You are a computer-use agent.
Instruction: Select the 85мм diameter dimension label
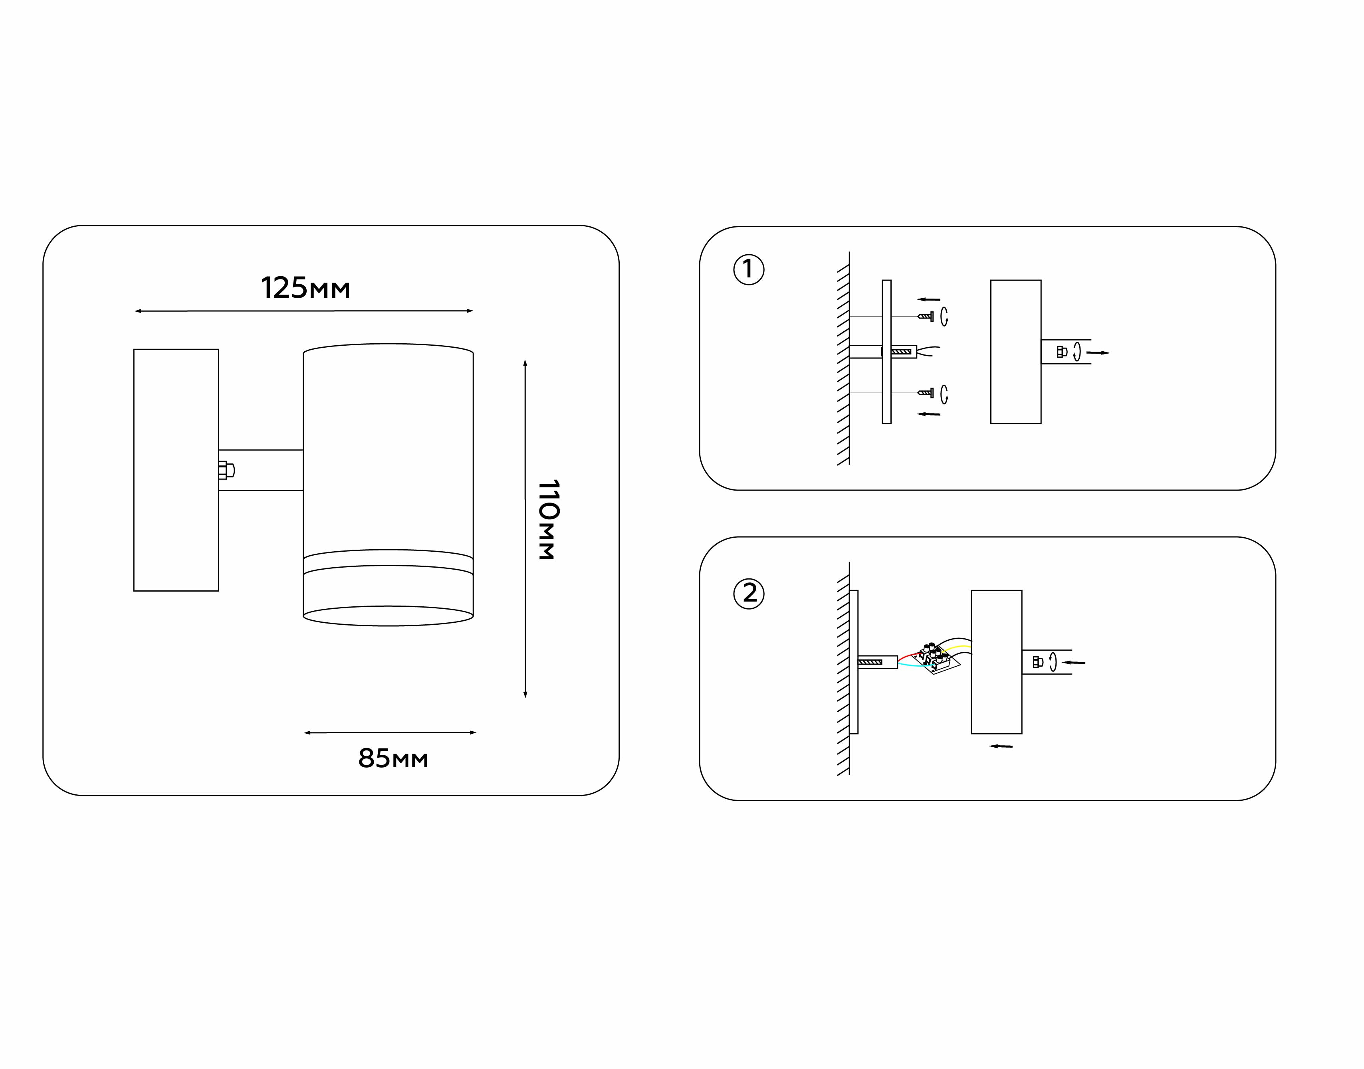[x=393, y=758]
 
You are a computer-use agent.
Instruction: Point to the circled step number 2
[x=749, y=593]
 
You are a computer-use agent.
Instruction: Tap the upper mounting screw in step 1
[x=926, y=317]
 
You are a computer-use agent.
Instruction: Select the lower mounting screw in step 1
[x=926, y=393]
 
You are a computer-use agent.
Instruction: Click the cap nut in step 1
[x=1062, y=352]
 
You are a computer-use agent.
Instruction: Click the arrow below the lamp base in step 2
[x=1001, y=746]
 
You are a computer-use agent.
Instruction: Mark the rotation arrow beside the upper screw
[x=945, y=317]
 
